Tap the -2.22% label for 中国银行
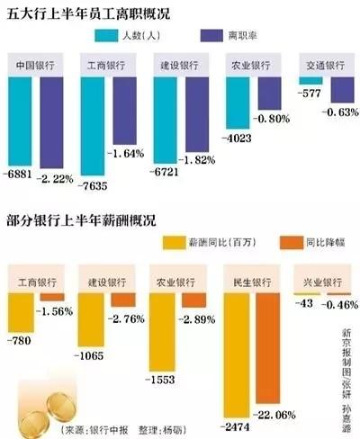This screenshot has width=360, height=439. coord(56,180)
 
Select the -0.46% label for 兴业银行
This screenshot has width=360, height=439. coord(341,306)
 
